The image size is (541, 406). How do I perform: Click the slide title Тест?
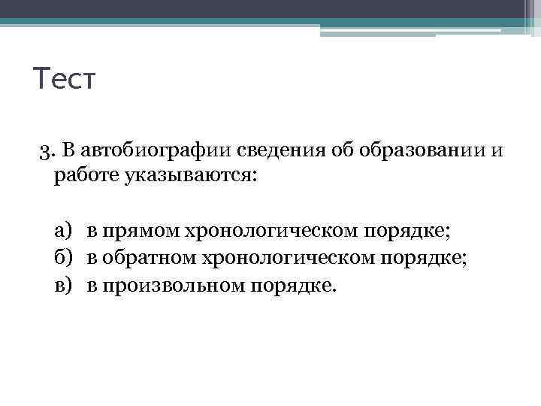tap(65, 78)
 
